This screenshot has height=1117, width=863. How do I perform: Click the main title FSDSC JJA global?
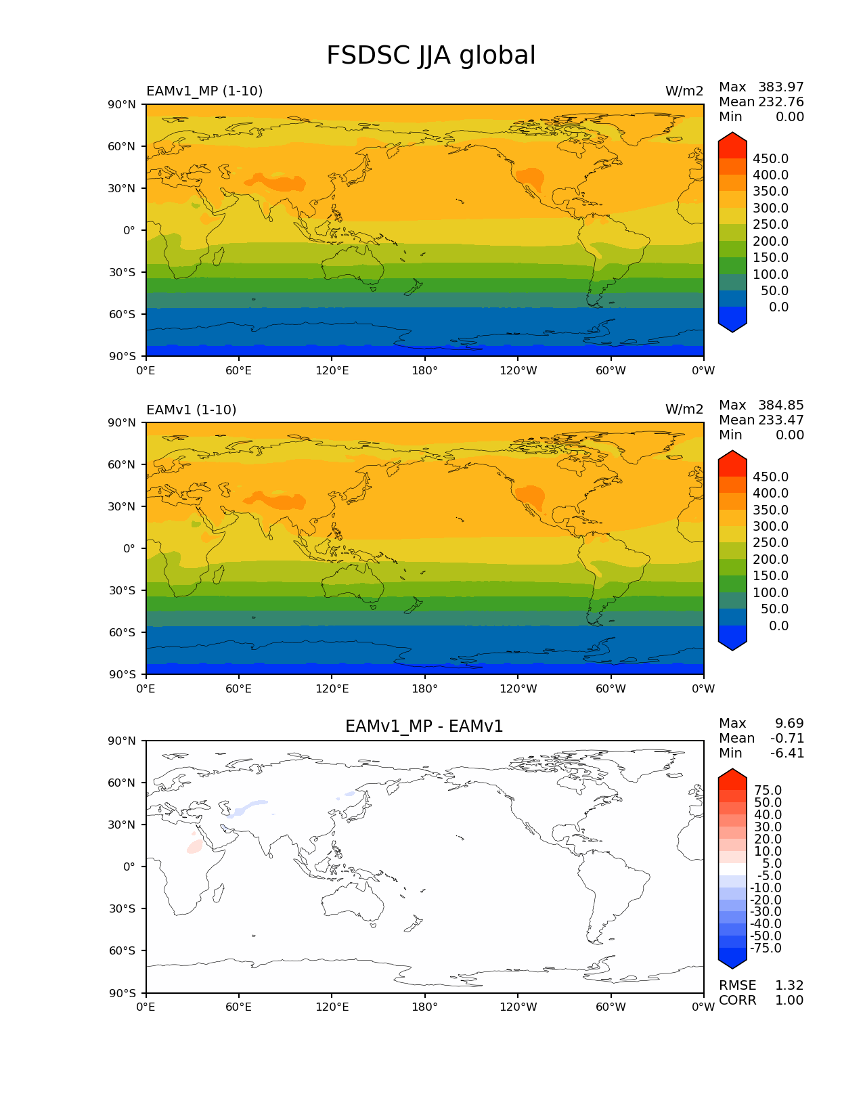point(430,56)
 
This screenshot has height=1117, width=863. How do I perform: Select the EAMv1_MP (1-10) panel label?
point(204,91)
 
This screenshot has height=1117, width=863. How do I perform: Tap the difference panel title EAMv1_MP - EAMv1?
point(424,726)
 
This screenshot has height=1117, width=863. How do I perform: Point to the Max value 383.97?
point(780,87)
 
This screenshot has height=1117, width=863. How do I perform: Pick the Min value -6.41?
point(787,753)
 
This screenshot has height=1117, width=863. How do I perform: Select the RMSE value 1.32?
point(789,985)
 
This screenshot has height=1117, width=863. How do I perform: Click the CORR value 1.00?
point(789,1000)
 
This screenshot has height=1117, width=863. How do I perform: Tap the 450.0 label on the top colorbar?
point(770,158)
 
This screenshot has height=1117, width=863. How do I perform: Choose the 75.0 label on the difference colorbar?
point(768,790)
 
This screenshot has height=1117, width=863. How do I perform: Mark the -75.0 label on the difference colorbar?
point(766,948)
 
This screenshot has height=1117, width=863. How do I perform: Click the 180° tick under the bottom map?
point(424,1007)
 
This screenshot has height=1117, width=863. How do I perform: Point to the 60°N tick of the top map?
point(123,146)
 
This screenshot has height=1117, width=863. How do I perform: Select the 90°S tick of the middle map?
point(123,674)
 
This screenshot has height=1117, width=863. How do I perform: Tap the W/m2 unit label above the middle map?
point(684,409)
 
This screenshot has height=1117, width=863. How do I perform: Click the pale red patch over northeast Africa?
point(195,846)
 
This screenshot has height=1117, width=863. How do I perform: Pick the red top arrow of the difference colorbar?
point(732,779)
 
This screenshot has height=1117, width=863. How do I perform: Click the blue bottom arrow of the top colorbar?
point(732,320)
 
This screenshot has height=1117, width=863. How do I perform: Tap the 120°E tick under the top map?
point(332,370)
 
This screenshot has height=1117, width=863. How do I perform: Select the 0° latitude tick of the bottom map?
point(129,867)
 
